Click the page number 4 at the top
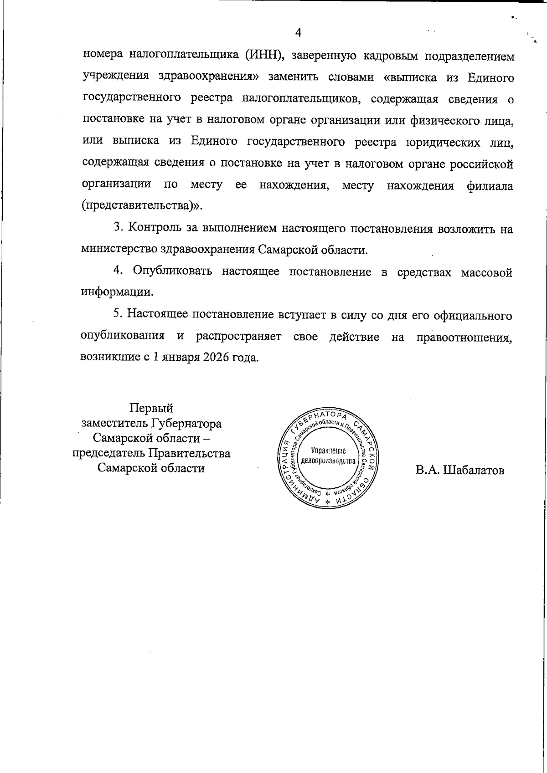299,32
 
